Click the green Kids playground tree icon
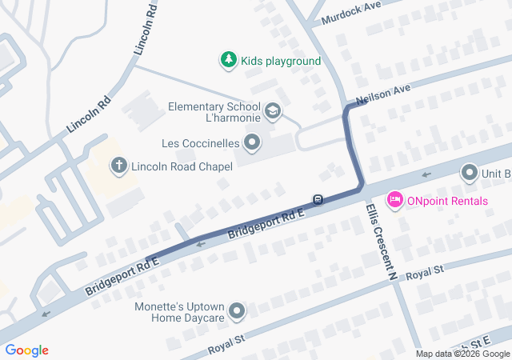pyautogui.click(x=229, y=60)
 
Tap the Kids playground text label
pyautogui.click(x=281, y=61)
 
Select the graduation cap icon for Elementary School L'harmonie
pyautogui.click(x=273, y=110)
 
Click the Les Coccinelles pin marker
pyautogui.click(x=253, y=144)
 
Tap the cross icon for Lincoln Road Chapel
pyautogui.click(x=118, y=166)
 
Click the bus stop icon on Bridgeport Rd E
pyautogui.click(x=318, y=199)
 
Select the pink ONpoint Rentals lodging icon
pyautogui.click(x=394, y=199)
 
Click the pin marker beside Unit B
pyautogui.click(x=470, y=173)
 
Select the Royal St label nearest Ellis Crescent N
pyautogui.click(x=424, y=274)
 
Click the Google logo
pyautogui.click(x=26, y=350)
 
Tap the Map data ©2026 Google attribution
pyautogui.click(x=462, y=354)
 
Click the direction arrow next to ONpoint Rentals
pyautogui.click(x=426, y=174)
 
